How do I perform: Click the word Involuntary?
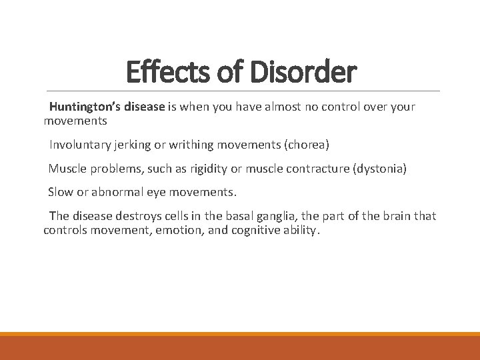pyautogui.click(x=79, y=145)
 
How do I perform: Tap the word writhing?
pyautogui.click(x=197, y=145)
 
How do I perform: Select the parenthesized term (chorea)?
pyautogui.click(x=307, y=145)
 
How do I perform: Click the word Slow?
pyautogui.click(x=61, y=193)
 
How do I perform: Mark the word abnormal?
pyautogui.click(x=109, y=193)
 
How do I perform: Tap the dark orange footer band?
pyautogui.click(x=240, y=347)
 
